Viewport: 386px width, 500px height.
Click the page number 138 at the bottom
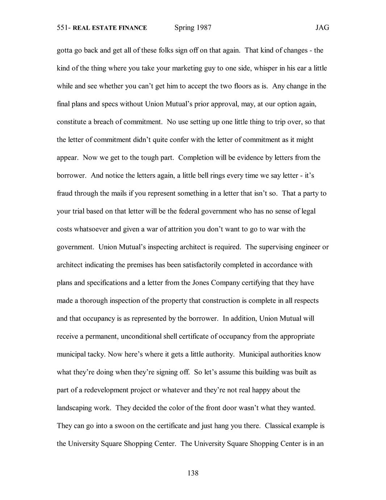point(193,473)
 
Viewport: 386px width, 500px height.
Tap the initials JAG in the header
point(322,28)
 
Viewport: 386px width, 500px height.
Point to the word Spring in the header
point(184,28)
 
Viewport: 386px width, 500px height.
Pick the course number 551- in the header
point(64,28)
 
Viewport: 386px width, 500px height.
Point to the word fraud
point(64,193)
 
